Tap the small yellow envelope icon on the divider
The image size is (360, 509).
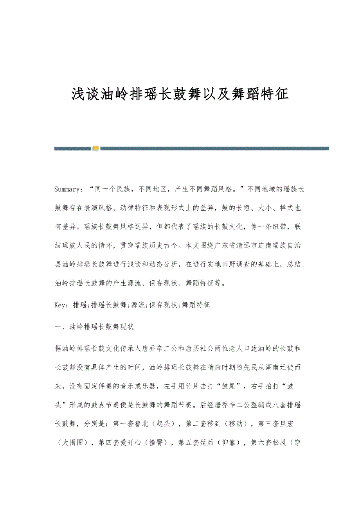pos(96,148)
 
